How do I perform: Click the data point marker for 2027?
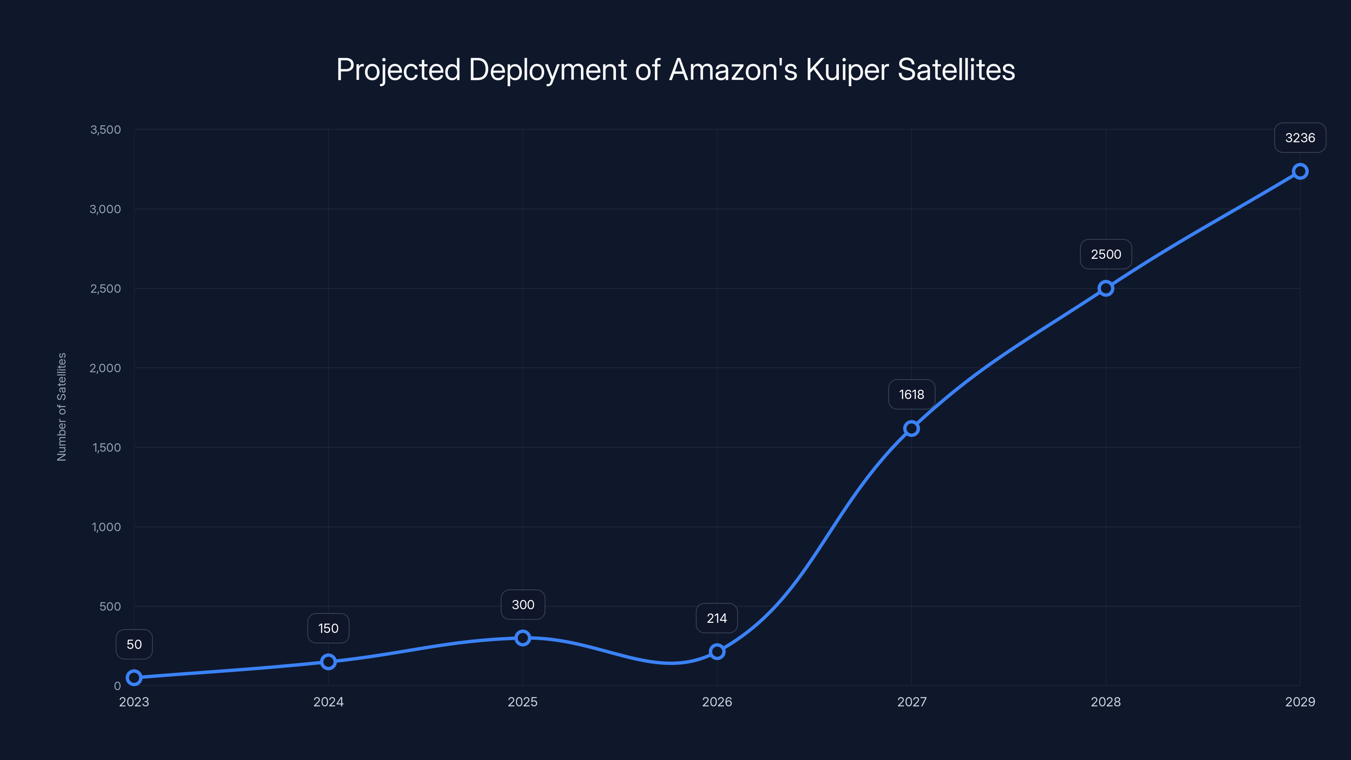tap(912, 429)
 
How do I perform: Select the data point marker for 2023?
tap(134, 678)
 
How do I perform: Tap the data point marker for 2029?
tap(1300, 171)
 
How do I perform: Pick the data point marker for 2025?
tap(522, 638)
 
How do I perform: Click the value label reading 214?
tap(716, 619)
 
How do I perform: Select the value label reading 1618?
tap(912, 394)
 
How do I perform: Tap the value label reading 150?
tap(328, 628)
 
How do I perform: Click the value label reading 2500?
tap(1106, 254)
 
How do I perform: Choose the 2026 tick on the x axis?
tap(717, 702)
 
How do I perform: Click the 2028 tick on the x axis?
tap(1106, 702)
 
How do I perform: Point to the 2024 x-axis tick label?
tap(328, 702)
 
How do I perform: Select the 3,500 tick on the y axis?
tap(106, 130)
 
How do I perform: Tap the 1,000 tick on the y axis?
tap(106, 527)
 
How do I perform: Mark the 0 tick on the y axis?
tap(117, 686)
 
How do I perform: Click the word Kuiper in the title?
tap(847, 70)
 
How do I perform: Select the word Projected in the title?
tap(398, 70)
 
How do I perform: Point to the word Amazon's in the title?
tap(733, 70)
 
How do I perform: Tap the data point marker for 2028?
tap(1106, 288)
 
